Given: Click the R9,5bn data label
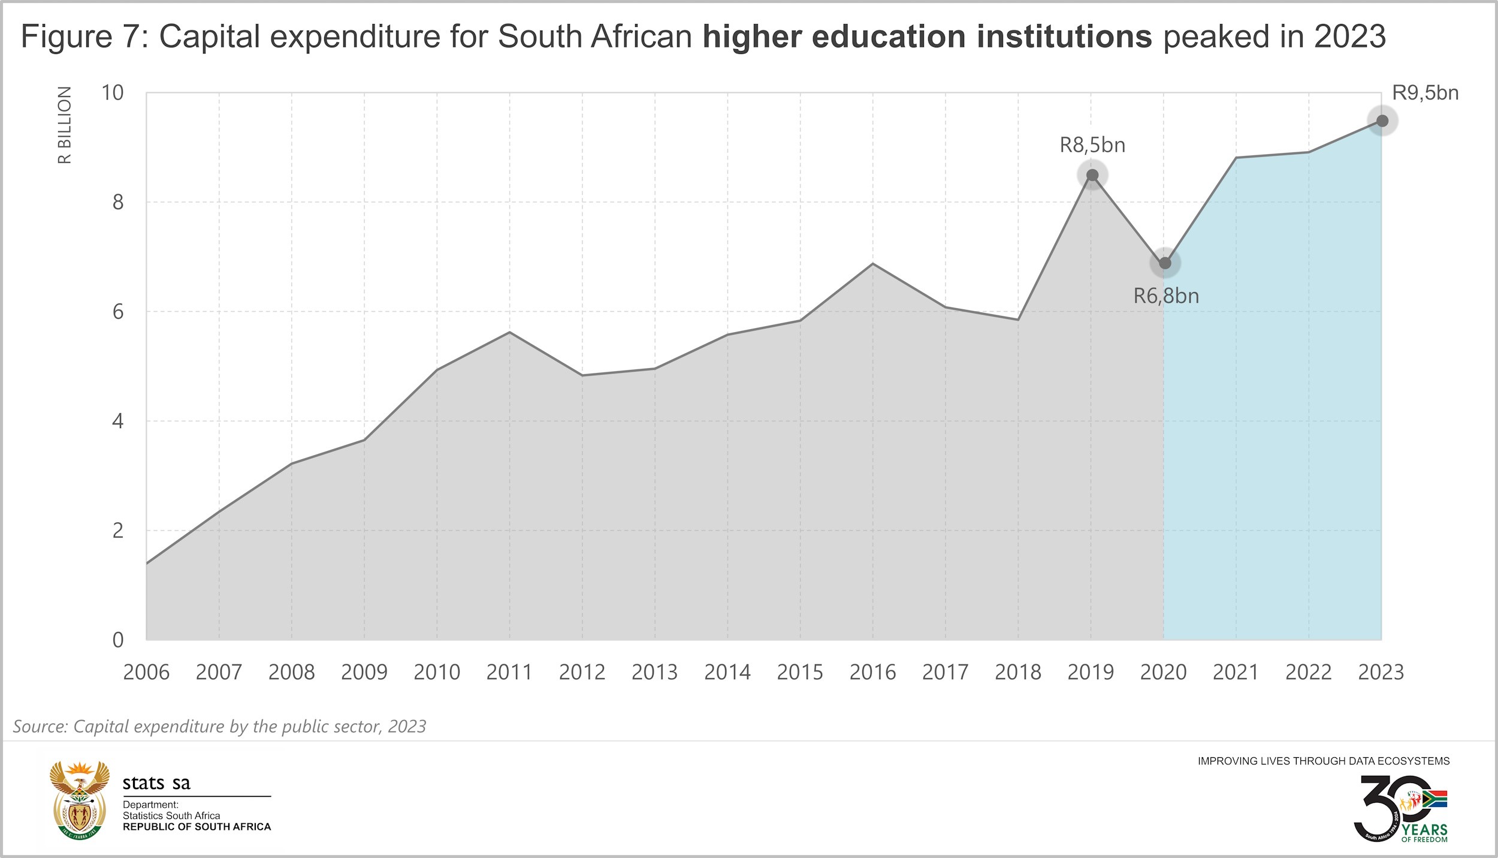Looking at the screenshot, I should [x=1425, y=93].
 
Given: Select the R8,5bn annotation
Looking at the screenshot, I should [x=1092, y=145].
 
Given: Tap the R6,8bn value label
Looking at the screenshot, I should [x=1166, y=296].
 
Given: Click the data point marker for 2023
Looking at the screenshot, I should [x=1382, y=121].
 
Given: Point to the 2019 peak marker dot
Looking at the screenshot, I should [x=1092, y=175].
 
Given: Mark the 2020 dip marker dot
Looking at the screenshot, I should [x=1165, y=263].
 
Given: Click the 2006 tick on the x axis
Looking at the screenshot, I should [x=146, y=672].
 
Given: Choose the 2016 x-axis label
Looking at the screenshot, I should [x=872, y=672].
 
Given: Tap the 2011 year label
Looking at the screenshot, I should [x=509, y=672].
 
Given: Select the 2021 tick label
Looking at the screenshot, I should [x=1236, y=672].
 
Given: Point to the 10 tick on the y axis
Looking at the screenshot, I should [x=112, y=93].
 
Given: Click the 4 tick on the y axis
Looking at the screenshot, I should [x=117, y=421].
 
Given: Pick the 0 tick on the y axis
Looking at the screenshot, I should [x=117, y=640].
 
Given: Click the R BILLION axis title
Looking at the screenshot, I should [x=65, y=125].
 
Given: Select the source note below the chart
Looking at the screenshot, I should [x=219, y=726].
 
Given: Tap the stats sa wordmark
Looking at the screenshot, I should [x=156, y=783].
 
